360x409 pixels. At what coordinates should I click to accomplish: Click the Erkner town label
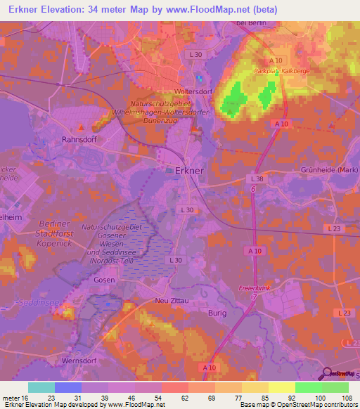click(189, 171)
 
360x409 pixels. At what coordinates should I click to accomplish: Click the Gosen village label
click(103, 280)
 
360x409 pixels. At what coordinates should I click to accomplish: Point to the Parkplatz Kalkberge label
click(281, 71)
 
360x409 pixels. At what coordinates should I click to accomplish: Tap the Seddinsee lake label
click(21, 304)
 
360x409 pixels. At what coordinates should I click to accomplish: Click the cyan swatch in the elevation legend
click(41, 387)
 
